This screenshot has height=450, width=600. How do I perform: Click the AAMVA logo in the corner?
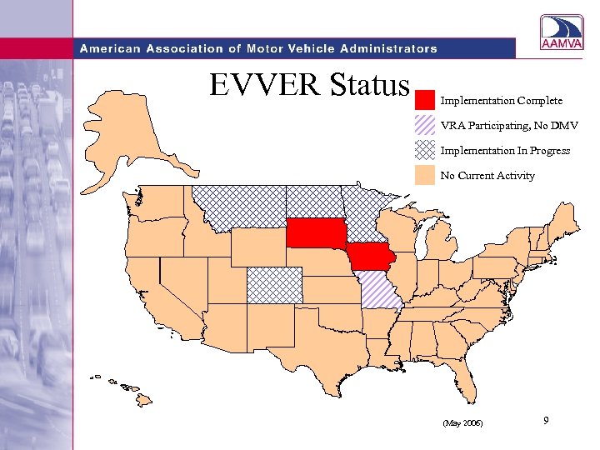pyautogui.click(x=562, y=36)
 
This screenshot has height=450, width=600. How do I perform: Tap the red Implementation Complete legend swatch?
pyautogui.click(x=425, y=101)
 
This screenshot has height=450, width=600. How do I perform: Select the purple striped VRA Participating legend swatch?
pyautogui.click(x=425, y=126)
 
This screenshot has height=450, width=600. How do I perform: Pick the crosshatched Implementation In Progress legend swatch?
pyautogui.click(x=425, y=151)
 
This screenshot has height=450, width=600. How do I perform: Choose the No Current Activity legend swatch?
pyautogui.click(x=425, y=176)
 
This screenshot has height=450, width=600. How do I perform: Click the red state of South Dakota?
pyautogui.click(x=317, y=233)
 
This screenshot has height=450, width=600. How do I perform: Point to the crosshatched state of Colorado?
pyautogui.click(x=274, y=285)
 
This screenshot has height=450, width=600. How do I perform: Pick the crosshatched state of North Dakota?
pyautogui.click(x=313, y=201)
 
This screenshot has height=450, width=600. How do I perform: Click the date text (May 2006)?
pyautogui.click(x=463, y=424)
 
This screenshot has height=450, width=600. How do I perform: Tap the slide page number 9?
pyautogui.click(x=545, y=422)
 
